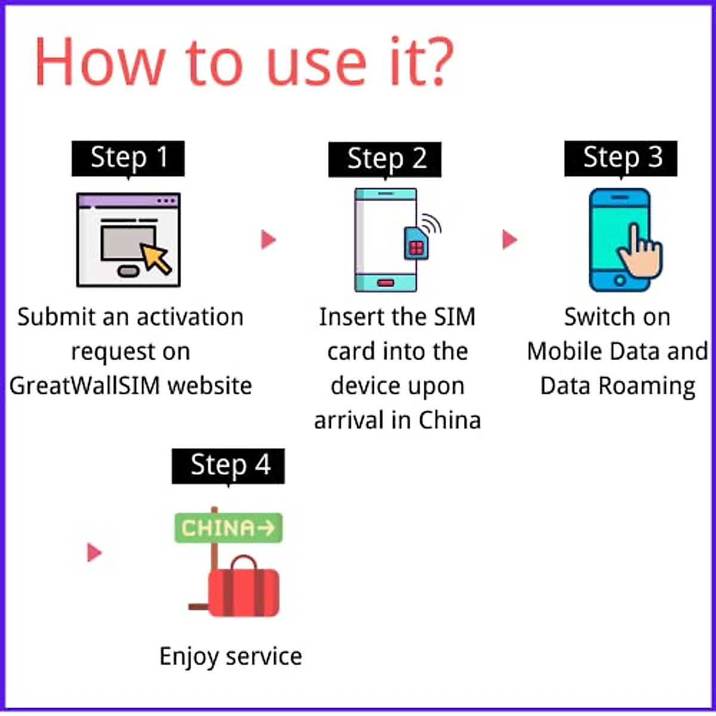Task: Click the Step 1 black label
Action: point(128,158)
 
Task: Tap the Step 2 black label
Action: point(385,159)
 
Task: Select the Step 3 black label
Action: point(621,158)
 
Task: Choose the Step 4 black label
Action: point(229,465)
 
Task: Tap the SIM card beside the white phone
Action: point(416,243)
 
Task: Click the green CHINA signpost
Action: point(229,528)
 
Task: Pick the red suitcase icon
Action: point(243,591)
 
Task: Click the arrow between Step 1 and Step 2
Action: point(268,240)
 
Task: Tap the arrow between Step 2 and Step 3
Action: point(510,240)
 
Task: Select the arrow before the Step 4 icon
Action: point(94,552)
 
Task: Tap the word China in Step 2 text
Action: point(449,421)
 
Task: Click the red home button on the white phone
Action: point(385,282)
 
